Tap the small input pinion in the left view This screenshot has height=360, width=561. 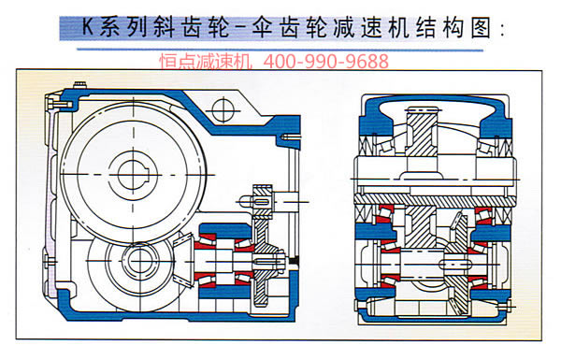pos(253,199)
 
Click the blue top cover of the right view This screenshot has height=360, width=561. pos(435,102)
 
